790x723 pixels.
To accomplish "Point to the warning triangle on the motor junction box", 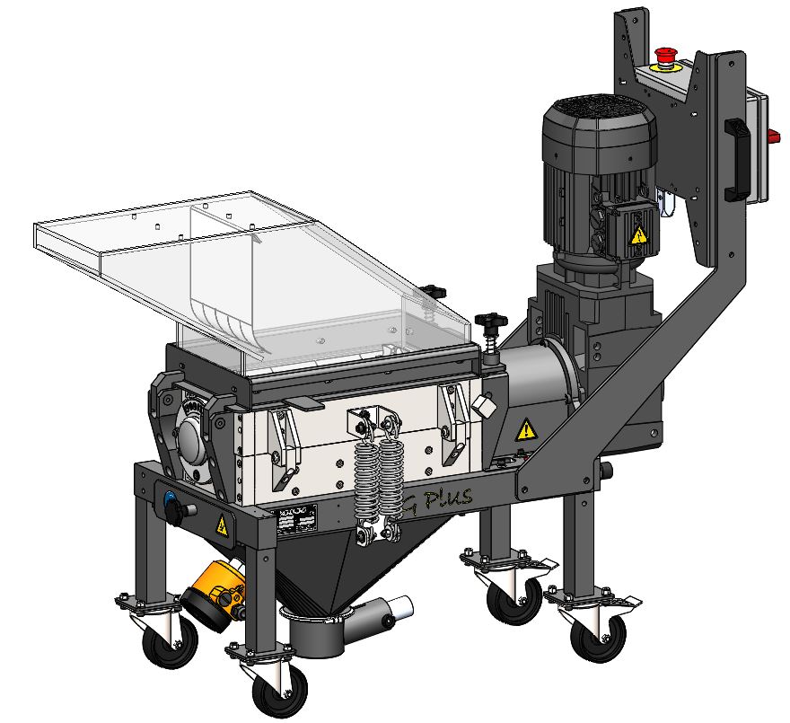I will point(638,235).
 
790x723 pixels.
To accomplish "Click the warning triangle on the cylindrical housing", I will point(526,430).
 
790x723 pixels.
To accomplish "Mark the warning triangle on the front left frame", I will point(220,525).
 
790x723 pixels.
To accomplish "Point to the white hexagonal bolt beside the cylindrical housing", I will point(484,407).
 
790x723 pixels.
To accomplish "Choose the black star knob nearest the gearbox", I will point(489,321).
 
